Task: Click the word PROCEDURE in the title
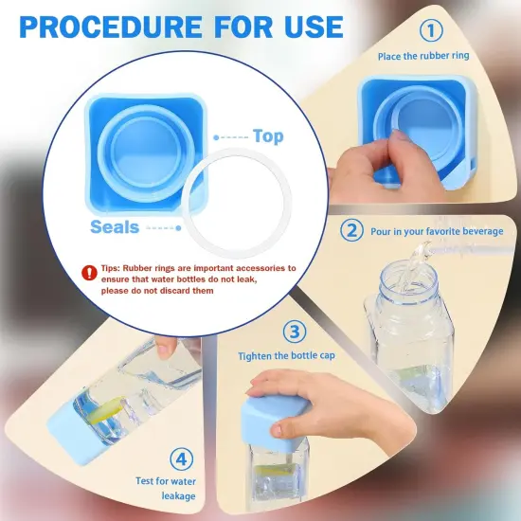click(111, 27)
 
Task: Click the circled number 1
click(431, 30)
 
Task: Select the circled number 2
click(351, 230)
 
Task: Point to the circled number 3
click(295, 332)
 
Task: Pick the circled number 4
click(181, 459)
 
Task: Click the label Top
click(268, 136)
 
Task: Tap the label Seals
click(115, 227)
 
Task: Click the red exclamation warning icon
click(89, 273)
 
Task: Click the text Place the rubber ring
click(423, 56)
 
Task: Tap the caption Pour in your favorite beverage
click(437, 231)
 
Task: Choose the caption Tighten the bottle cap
click(286, 356)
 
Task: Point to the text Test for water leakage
click(166, 489)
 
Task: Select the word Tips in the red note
click(110, 268)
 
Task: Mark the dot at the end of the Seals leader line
click(178, 228)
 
